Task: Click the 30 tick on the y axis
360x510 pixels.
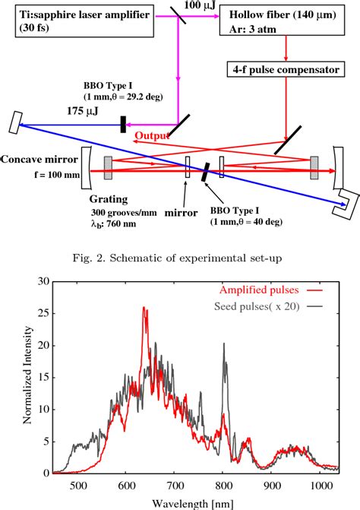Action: pyautogui.click(x=39, y=281)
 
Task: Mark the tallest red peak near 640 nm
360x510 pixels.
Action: pyautogui.click(x=144, y=308)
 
